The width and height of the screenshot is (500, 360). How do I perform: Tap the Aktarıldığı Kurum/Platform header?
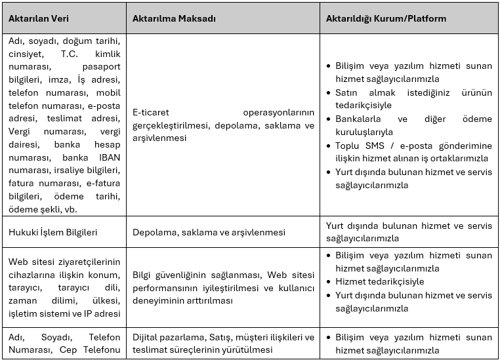[386, 18]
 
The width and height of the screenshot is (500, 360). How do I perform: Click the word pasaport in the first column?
[101, 66]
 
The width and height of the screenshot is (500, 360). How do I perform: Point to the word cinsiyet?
[26, 54]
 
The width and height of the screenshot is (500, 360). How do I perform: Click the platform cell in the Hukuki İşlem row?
[409, 232]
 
